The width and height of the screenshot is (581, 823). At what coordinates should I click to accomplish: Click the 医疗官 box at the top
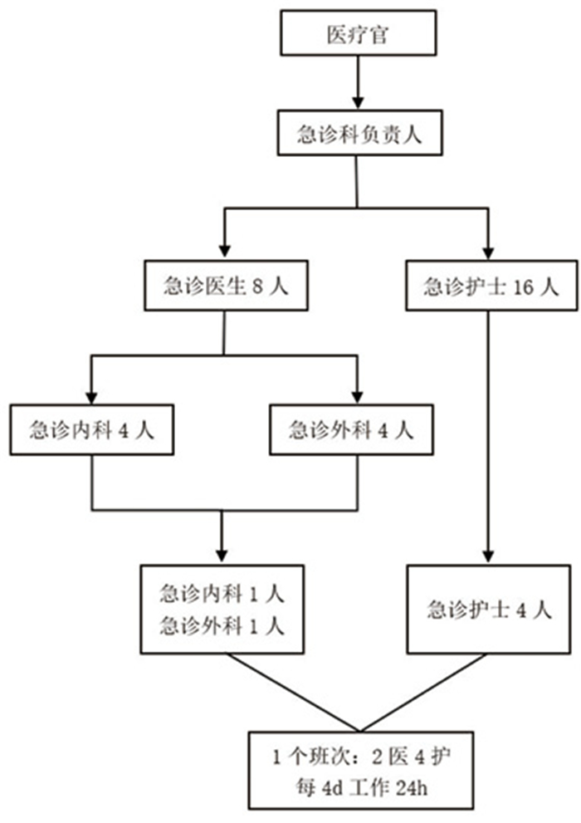tap(358, 34)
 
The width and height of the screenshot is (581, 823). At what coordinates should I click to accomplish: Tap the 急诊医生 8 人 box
tap(225, 287)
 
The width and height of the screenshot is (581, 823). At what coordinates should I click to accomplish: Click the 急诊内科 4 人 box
tap(91, 430)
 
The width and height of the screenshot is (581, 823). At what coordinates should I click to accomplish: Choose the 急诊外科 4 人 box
tap(351, 430)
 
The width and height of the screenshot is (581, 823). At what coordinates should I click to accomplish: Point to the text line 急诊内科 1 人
tap(222, 594)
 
